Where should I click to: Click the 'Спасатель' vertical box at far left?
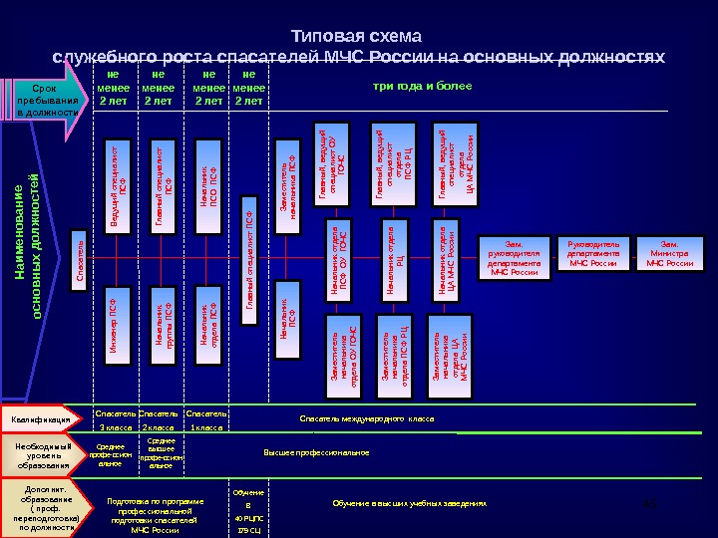(x=79, y=261)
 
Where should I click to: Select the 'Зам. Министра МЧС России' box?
(x=669, y=253)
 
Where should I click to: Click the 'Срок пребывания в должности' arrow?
(x=45, y=101)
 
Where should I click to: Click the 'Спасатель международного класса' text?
(x=367, y=419)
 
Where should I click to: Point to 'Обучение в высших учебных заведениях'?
(x=409, y=504)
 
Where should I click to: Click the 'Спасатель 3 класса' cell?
(x=115, y=419)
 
